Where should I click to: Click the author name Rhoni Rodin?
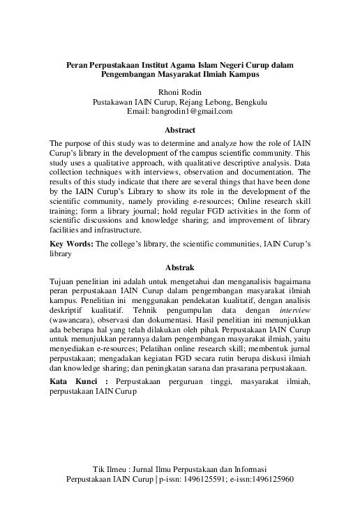point(180,91)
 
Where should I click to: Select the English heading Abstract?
point(179,131)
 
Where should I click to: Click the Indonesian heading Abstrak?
point(179,267)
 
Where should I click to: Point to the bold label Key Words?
point(72,244)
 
